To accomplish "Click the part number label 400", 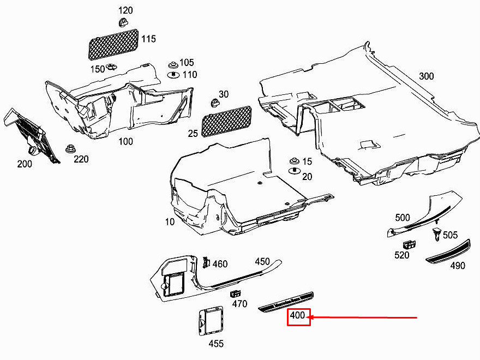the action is tap(298, 315).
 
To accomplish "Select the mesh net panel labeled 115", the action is tap(113, 44).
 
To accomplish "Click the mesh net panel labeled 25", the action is tap(226, 121).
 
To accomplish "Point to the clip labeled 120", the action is tap(123, 22).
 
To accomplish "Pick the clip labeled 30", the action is tap(215, 103).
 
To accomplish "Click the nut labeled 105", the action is tap(173, 65).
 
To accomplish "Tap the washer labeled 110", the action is tap(173, 74).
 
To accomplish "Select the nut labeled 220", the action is tap(70, 149).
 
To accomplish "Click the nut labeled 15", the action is tap(294, 161).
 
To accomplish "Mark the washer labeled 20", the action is tap(295, 171).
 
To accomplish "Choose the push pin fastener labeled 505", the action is tap(436, 234).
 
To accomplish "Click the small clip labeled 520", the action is tap(409, 245).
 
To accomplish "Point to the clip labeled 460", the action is tap(206, 262).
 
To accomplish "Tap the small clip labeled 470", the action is tap(235, 294).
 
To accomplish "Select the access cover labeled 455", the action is tap(211, 321).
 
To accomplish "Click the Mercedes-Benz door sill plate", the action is tap(286, 302).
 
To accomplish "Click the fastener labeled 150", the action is tap(111, 67).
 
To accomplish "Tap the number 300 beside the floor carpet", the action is tap(426, 76).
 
